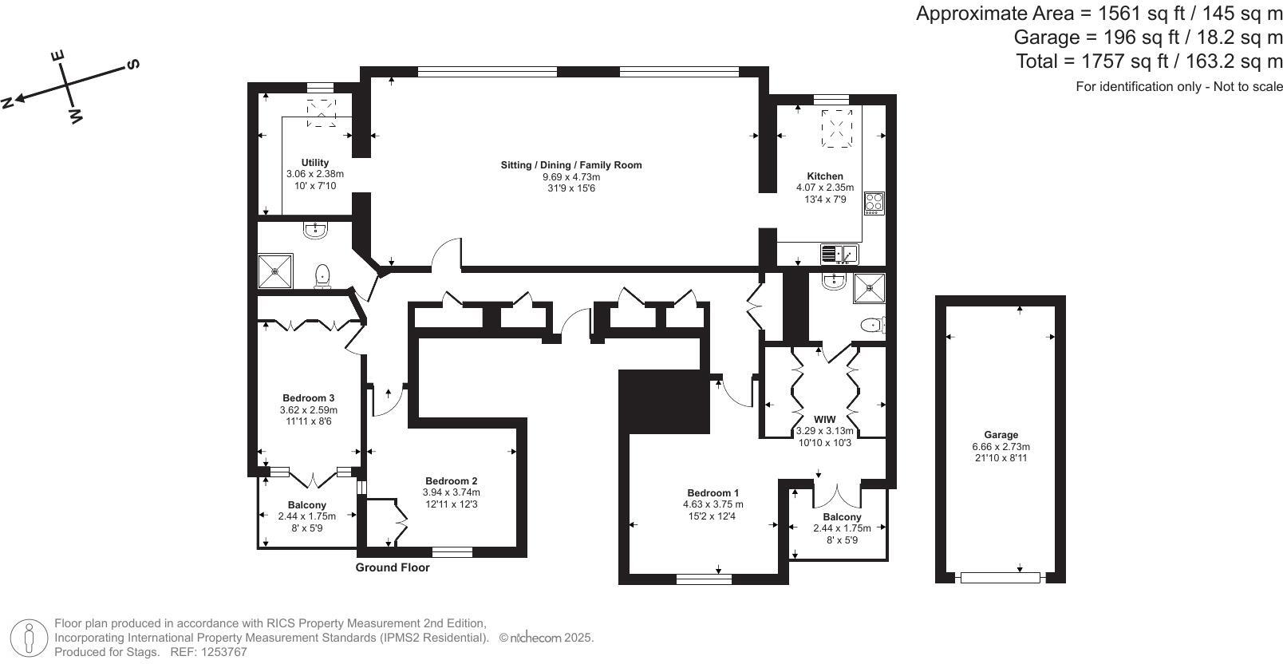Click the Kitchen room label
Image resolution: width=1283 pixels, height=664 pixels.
coord(824,176)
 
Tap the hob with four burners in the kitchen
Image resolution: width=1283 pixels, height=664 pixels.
coord(874,203)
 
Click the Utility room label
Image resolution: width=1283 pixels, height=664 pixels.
coord(315,163)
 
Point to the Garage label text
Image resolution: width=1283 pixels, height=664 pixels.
coord(1001,435)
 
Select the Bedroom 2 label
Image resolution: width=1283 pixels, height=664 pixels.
coord(451,481)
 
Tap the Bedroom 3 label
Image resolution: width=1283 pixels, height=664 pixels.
coord(308,398)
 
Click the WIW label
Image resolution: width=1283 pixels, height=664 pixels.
coord(824,420)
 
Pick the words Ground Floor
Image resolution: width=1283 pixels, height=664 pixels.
coord(393,567)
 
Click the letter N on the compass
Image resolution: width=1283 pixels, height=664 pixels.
coord(8,101)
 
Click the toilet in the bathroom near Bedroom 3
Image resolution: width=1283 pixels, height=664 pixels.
coord(322,275)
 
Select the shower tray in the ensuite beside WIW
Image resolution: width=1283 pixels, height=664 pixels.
coord(868,288)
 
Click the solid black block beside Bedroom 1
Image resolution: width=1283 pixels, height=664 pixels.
coord(664,401)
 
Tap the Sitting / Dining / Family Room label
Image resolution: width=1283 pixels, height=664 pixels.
coord(570,165)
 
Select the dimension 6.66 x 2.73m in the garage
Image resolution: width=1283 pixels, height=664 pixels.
coord(1001,447)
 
